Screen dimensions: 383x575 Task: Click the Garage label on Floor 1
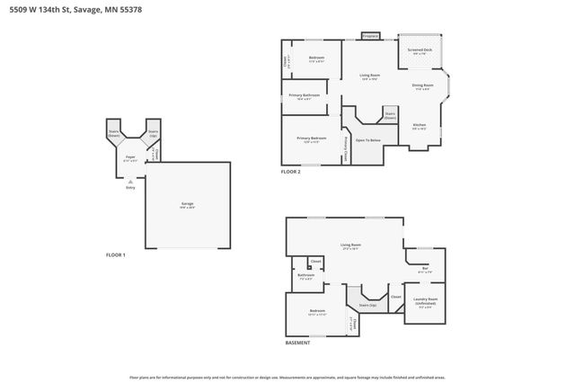pos(187,204)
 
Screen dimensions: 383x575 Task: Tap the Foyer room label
pos(130,157)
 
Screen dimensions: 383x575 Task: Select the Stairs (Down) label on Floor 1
pos(114,134)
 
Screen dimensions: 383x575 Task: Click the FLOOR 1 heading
pos(116,255)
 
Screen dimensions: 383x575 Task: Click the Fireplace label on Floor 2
pos(370,37)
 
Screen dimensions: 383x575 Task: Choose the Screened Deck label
pos(420,51)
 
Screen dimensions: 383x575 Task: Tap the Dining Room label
pos(422,86)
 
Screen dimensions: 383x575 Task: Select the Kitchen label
pos(419,125)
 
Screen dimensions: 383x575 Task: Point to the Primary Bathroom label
pos(305,95)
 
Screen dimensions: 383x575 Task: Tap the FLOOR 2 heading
pos(290,171)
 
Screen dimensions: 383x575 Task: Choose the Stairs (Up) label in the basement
pos(367,306)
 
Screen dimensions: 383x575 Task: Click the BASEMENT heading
pos(297,343)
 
